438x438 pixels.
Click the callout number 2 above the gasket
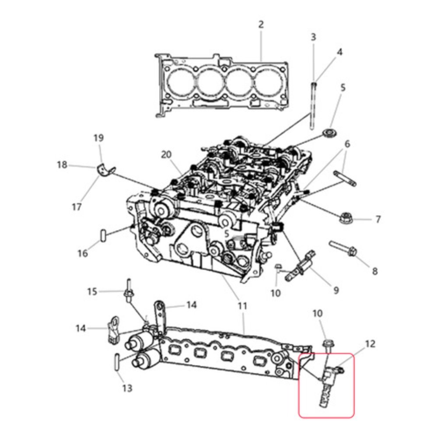tap(261, 25)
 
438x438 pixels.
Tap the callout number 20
tap(166, 154)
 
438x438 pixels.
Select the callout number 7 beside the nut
tap(378, 219)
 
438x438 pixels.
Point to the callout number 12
tap(370, 344)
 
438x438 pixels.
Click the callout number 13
tap(127, 388)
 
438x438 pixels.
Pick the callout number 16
tap(83, 253)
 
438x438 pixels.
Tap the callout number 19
tap(98, 138)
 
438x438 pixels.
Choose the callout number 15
tap(92, 292)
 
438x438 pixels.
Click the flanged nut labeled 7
tap(345, 217)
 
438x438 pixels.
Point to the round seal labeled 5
tap(330, 133)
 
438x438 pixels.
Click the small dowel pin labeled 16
tap(103, 236)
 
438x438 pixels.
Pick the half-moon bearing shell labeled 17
tap(106, 171)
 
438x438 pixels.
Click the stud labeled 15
tap(129, 290)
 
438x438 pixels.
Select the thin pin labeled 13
tap(117, 362)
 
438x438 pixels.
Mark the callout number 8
tap(375, 271)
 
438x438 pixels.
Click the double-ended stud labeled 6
tap(345, 179)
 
